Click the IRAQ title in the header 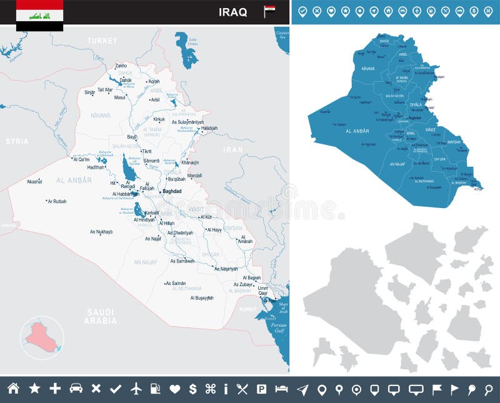click(x=232, y=12)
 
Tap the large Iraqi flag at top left click(x=39, y=15)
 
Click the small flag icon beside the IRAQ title click(x=269, y=11)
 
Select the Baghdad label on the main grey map click(x=172, y=191)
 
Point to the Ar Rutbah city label click(x=56, y=201)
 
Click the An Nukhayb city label click(x=101, y=232)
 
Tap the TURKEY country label click(x=102, y=41)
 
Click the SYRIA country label click(x=17, y=141)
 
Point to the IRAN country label click(x=233, y=149)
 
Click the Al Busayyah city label click(x=202, y=297)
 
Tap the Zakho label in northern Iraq click(x=121, y=66)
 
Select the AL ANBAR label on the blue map click(x=357, y=131)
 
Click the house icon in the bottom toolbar click(x=13, y=389)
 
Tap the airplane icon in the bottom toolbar click(x=136, y=389)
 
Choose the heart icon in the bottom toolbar click(x=175, y=389)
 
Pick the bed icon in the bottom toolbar click(x=281, y=389)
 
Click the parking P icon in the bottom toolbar click(x=262, y=389)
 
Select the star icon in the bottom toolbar click(x=34, y=389)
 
